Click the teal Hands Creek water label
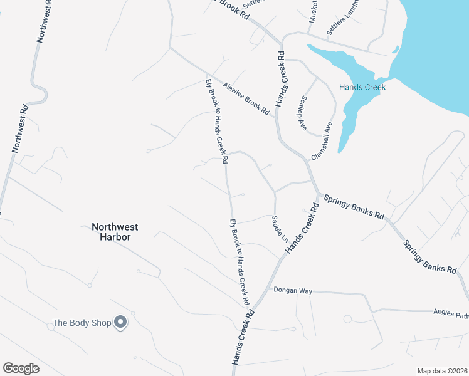(x=362, y=87)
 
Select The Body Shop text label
(x=82, y=323)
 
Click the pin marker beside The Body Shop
(x=121, y=323)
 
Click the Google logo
(x=21, y=368)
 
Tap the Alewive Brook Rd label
(x=246, y=99)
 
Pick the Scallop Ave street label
(x=303, y=113)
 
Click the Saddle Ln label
(x=279, y=230)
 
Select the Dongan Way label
(x=293, y=291)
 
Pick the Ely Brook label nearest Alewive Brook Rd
(x=216, y=121)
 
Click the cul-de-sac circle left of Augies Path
(x=347, y=318)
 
